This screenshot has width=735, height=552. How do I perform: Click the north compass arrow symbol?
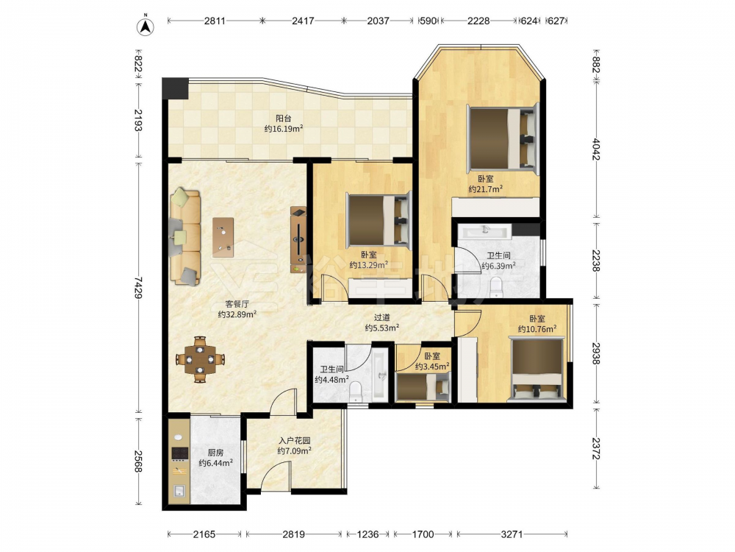(146, 26)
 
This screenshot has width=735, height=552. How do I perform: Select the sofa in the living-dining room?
(184, 236)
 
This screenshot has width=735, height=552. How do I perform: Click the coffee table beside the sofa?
(223, 237)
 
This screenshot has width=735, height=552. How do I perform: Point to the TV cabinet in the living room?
(298, 240)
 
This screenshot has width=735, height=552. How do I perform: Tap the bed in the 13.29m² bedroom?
(379, 219)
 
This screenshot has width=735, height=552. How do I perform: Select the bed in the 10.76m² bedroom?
(537, 370)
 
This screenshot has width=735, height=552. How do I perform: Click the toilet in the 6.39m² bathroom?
(496, 287)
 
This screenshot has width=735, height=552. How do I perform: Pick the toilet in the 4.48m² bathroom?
(356, 392)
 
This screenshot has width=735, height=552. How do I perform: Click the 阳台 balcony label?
(283, 118)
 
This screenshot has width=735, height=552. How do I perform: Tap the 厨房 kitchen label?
(215, 453)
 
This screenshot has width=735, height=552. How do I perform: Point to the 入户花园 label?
(295, 441)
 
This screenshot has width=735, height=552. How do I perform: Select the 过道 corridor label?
(382, 318)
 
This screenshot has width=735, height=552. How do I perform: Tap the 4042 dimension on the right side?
(596, 149)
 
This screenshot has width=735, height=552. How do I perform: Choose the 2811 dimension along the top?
(215, 21)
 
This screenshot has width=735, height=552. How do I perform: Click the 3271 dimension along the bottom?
(512, 534)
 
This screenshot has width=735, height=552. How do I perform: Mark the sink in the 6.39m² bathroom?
(484, 231)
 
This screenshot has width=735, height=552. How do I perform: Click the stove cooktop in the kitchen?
(179, 453)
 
